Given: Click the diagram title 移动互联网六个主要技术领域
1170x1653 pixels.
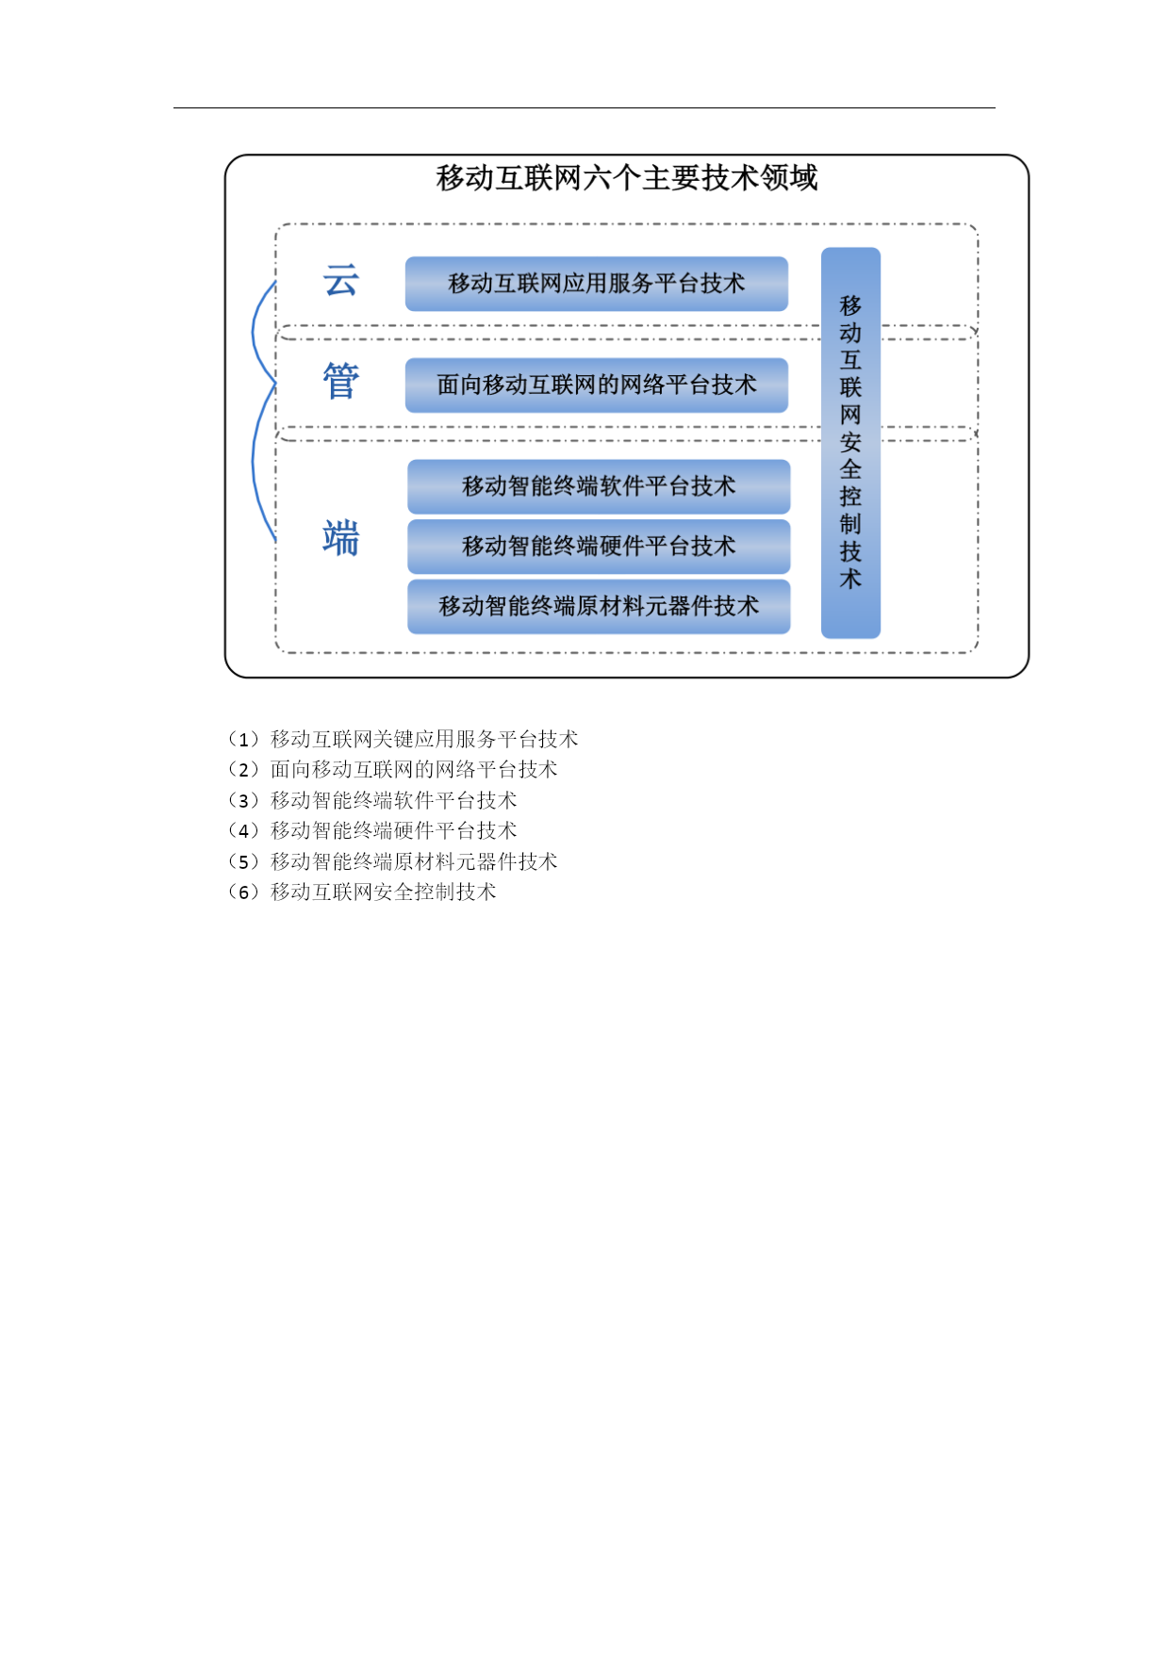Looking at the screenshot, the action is [626, 177].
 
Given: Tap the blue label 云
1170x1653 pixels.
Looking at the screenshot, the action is [340, 281].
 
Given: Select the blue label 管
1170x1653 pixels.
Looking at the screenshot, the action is [340, 382].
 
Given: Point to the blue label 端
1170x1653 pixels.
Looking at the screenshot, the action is [340, 538].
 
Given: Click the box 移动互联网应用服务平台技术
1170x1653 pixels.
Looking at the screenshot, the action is [597, 284].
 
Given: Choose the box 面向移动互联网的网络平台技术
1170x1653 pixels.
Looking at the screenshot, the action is [597, 385].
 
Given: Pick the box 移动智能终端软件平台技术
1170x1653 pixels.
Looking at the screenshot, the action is [599, 486].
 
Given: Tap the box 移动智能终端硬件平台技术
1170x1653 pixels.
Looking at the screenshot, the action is [599, 547].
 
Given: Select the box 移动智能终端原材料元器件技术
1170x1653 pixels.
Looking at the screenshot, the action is [599, 607].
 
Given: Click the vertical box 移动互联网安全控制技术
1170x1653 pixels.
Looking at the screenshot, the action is [850, 443].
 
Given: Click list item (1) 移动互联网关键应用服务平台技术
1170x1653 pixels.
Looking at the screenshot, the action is [403, 739].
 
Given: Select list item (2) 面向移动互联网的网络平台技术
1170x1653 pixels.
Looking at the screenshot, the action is [392, 769].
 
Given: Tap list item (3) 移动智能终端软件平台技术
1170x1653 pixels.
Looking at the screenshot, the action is [371, 800].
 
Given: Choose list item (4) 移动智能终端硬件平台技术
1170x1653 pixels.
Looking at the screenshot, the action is [371, 830].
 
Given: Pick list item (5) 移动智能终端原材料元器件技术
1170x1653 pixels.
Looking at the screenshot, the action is [392, 861].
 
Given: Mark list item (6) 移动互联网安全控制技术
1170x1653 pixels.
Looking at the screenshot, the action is [361, 892].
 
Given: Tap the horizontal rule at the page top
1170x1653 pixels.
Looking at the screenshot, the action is [585, 107].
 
